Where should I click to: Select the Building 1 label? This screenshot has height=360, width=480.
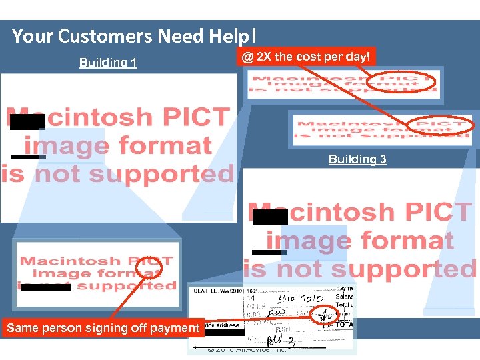click(x=108, y=63)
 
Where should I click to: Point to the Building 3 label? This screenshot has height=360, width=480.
click(x=357, y=159)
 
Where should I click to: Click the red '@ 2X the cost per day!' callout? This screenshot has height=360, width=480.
click(x=305, y=57)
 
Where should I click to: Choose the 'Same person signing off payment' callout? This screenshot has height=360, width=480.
click(x=103, y=327)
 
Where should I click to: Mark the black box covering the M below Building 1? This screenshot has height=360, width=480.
click(x=27, y=121)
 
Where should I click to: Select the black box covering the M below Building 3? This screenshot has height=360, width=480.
click(x=269, y=217)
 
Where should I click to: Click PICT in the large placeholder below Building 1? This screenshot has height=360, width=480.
click(x=193, y=117)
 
